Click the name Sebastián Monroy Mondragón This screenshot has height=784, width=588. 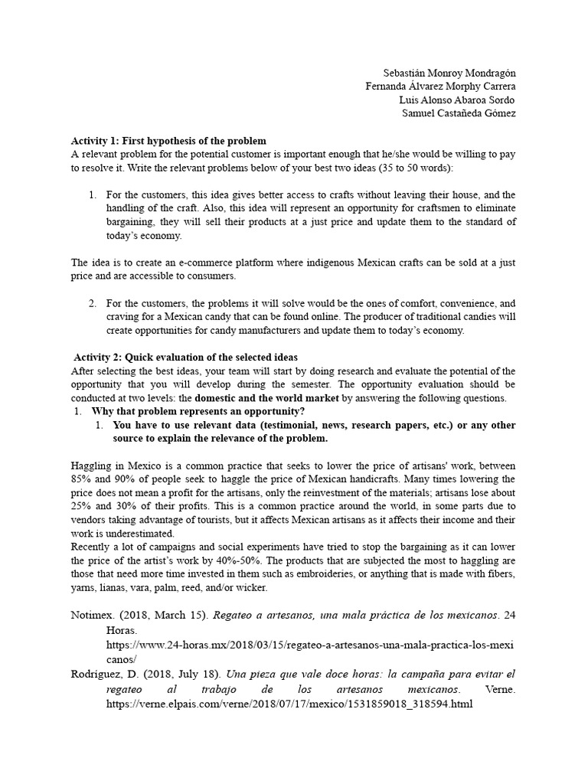[x=449, y=72]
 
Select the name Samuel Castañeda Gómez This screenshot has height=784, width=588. [x=459, y=113]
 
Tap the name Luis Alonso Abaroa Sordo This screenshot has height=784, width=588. [x=457, y=100]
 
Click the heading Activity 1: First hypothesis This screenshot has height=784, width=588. [x=168, y=141]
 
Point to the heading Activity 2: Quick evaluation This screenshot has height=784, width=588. [x=186, y=358]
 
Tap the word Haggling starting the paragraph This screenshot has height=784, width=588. [x=92, y=465]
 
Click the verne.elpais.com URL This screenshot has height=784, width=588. [x=289, y=704]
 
